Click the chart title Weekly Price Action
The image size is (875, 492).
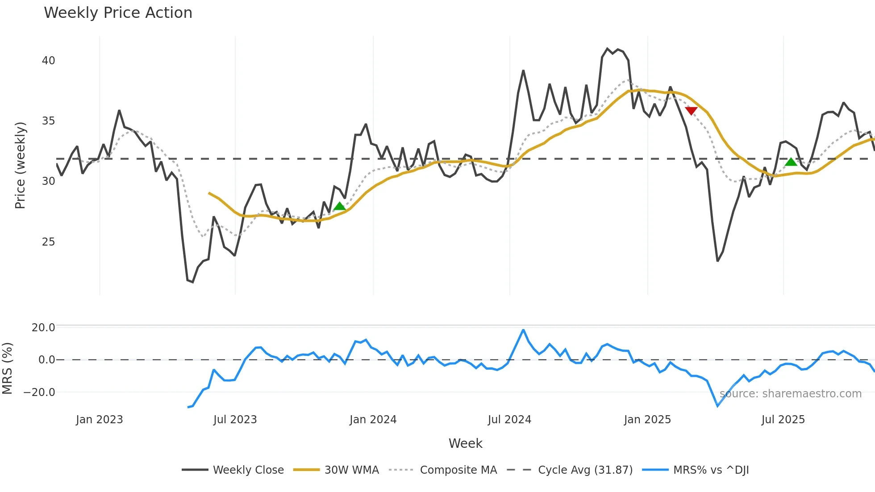tap(118, 13)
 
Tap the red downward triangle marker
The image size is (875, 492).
tap(691, 111)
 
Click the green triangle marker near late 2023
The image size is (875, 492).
tap(340, 206)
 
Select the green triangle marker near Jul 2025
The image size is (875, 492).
tap(791, 162)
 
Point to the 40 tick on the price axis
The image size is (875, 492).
tap(48, 61)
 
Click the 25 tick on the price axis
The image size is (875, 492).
tap(48, 242)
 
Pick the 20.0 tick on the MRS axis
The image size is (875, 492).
tap(43, 327)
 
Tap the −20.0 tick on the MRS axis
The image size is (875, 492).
tap(39, 392)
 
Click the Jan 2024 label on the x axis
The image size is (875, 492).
tap(373, 420)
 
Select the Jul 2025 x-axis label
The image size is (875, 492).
tap(783, 420)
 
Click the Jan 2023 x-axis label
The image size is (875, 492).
tap(99, 420)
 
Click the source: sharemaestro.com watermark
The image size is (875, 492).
tap(790, 394)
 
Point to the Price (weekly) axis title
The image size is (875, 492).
tap(20, 165)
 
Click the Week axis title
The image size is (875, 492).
tap(465, 443)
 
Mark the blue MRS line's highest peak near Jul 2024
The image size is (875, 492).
tap(523, 330)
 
